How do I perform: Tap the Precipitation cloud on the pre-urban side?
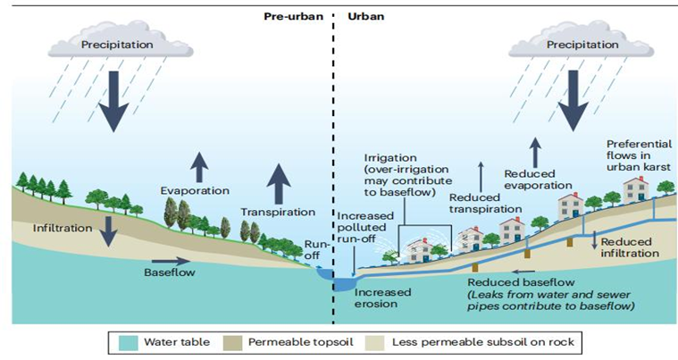click(113, 42)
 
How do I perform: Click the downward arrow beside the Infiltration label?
click(108, 230)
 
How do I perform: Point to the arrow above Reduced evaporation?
click(534, 152)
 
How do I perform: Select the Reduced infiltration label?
click(630, 247)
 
